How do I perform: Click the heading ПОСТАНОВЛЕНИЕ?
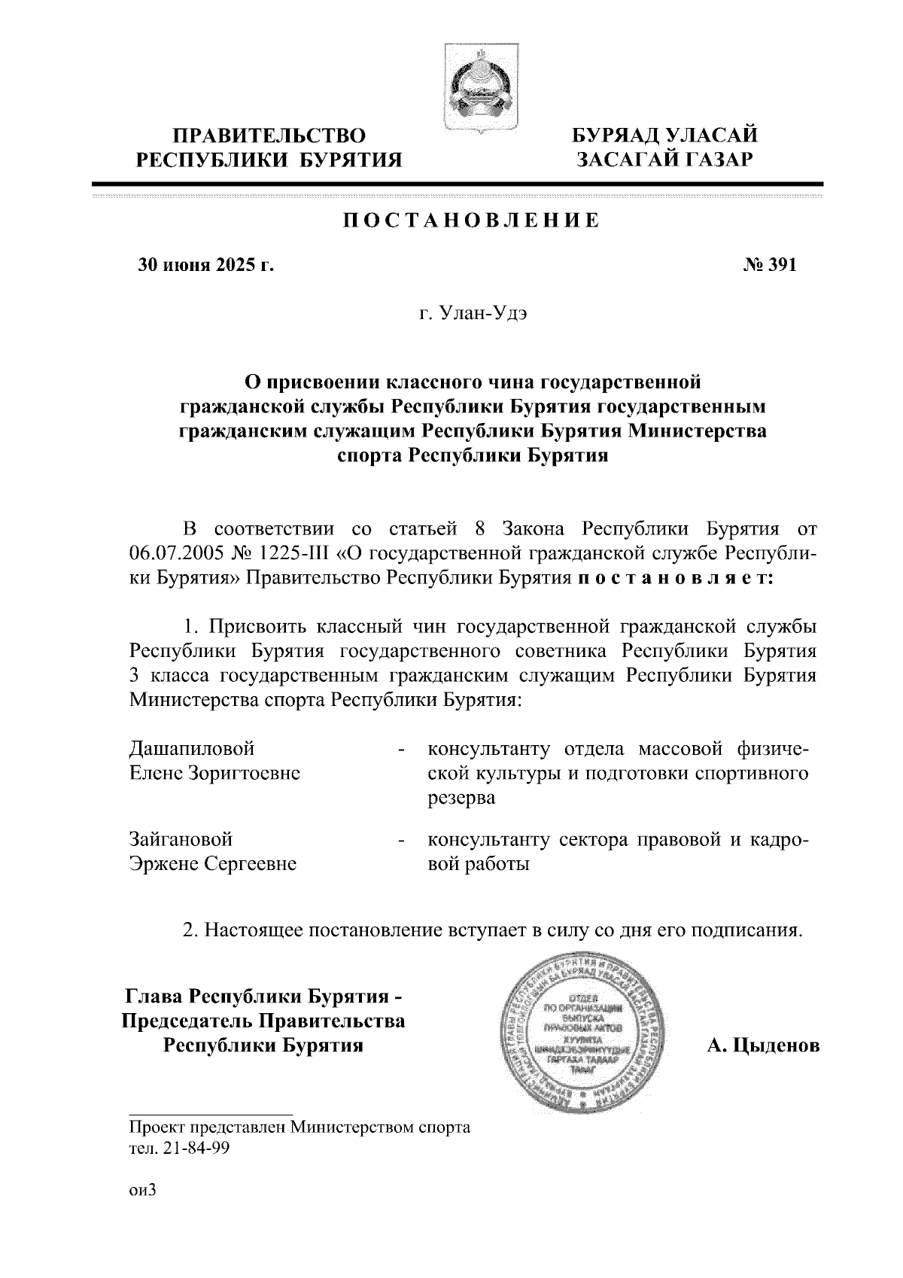pos(472,221)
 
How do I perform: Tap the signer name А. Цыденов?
pos(763,1045)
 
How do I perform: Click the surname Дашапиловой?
pos(193,749)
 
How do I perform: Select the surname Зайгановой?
pos(181,838)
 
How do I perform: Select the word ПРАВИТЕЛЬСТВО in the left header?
pos(269,135)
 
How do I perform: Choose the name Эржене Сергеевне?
pos(213,863)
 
